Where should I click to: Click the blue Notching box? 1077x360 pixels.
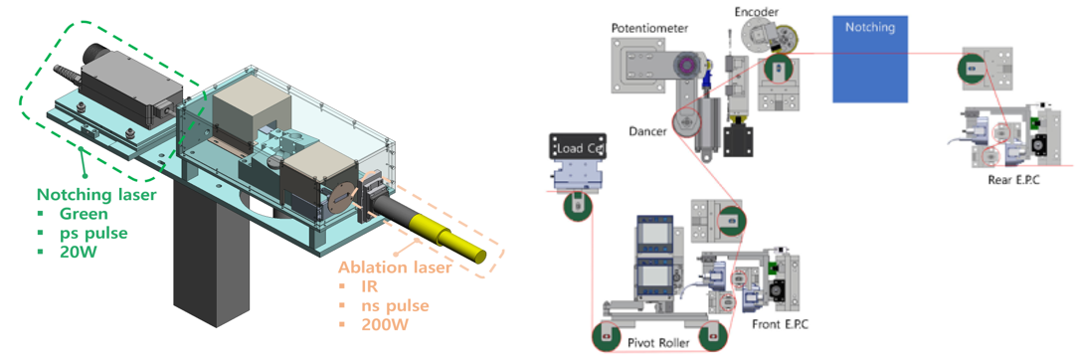pyautogui.click(x=870, y=59)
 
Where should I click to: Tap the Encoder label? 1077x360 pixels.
pyautogui.click(x=756, y=12)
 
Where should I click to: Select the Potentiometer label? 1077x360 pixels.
pyautogui.click(x=649, y=28)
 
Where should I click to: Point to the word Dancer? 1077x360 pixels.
pyautogui.click(x=648, y=131)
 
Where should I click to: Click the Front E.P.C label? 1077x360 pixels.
pyautogui.click(x=780, y=324)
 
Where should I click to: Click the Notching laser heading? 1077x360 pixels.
pyautogui.click(x=96, y=195)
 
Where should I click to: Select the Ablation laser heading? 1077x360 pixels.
pyautogui.click(x=395, y=267)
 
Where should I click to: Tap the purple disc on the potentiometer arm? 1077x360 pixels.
pyautogui.click(x=685, y=66)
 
